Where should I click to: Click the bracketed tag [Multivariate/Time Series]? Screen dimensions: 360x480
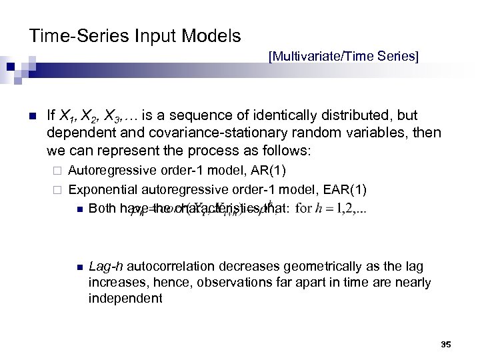pos(343,56)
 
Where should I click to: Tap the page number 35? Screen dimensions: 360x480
pos(446,344)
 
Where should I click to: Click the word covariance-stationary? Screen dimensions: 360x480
pos(188,133)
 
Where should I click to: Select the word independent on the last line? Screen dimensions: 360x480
pos(125,298)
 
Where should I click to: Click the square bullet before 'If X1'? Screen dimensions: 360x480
pos(31,116)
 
